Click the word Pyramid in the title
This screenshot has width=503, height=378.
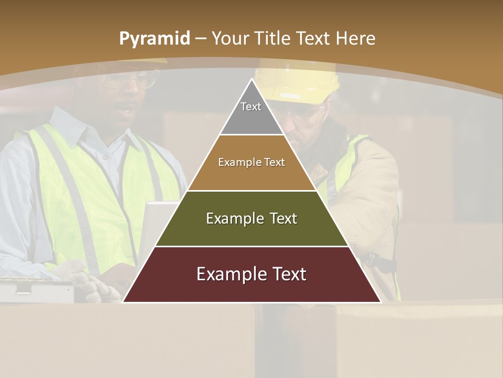154,39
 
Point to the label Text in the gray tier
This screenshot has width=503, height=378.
251,107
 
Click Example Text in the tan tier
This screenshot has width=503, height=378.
251,162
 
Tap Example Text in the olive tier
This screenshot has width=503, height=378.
251,218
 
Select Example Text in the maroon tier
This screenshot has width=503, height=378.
251,274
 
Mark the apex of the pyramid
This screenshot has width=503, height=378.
251,80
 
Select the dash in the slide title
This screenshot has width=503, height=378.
201,39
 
